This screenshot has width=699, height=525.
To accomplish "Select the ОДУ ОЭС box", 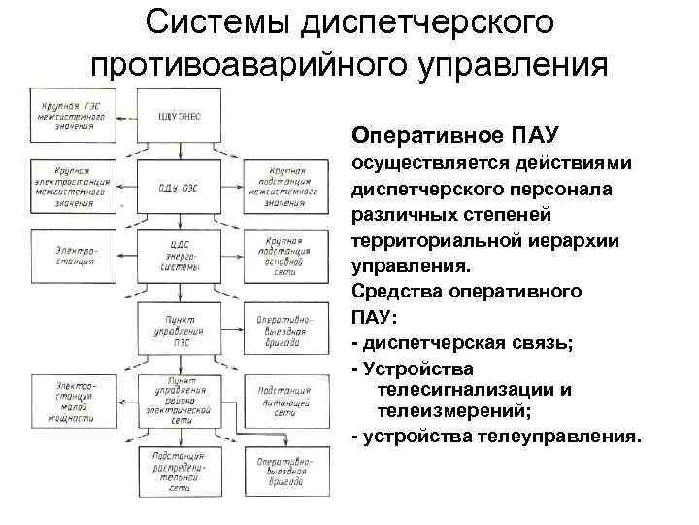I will click(178, 187).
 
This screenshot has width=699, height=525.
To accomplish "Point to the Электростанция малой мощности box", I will click(69, 402).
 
